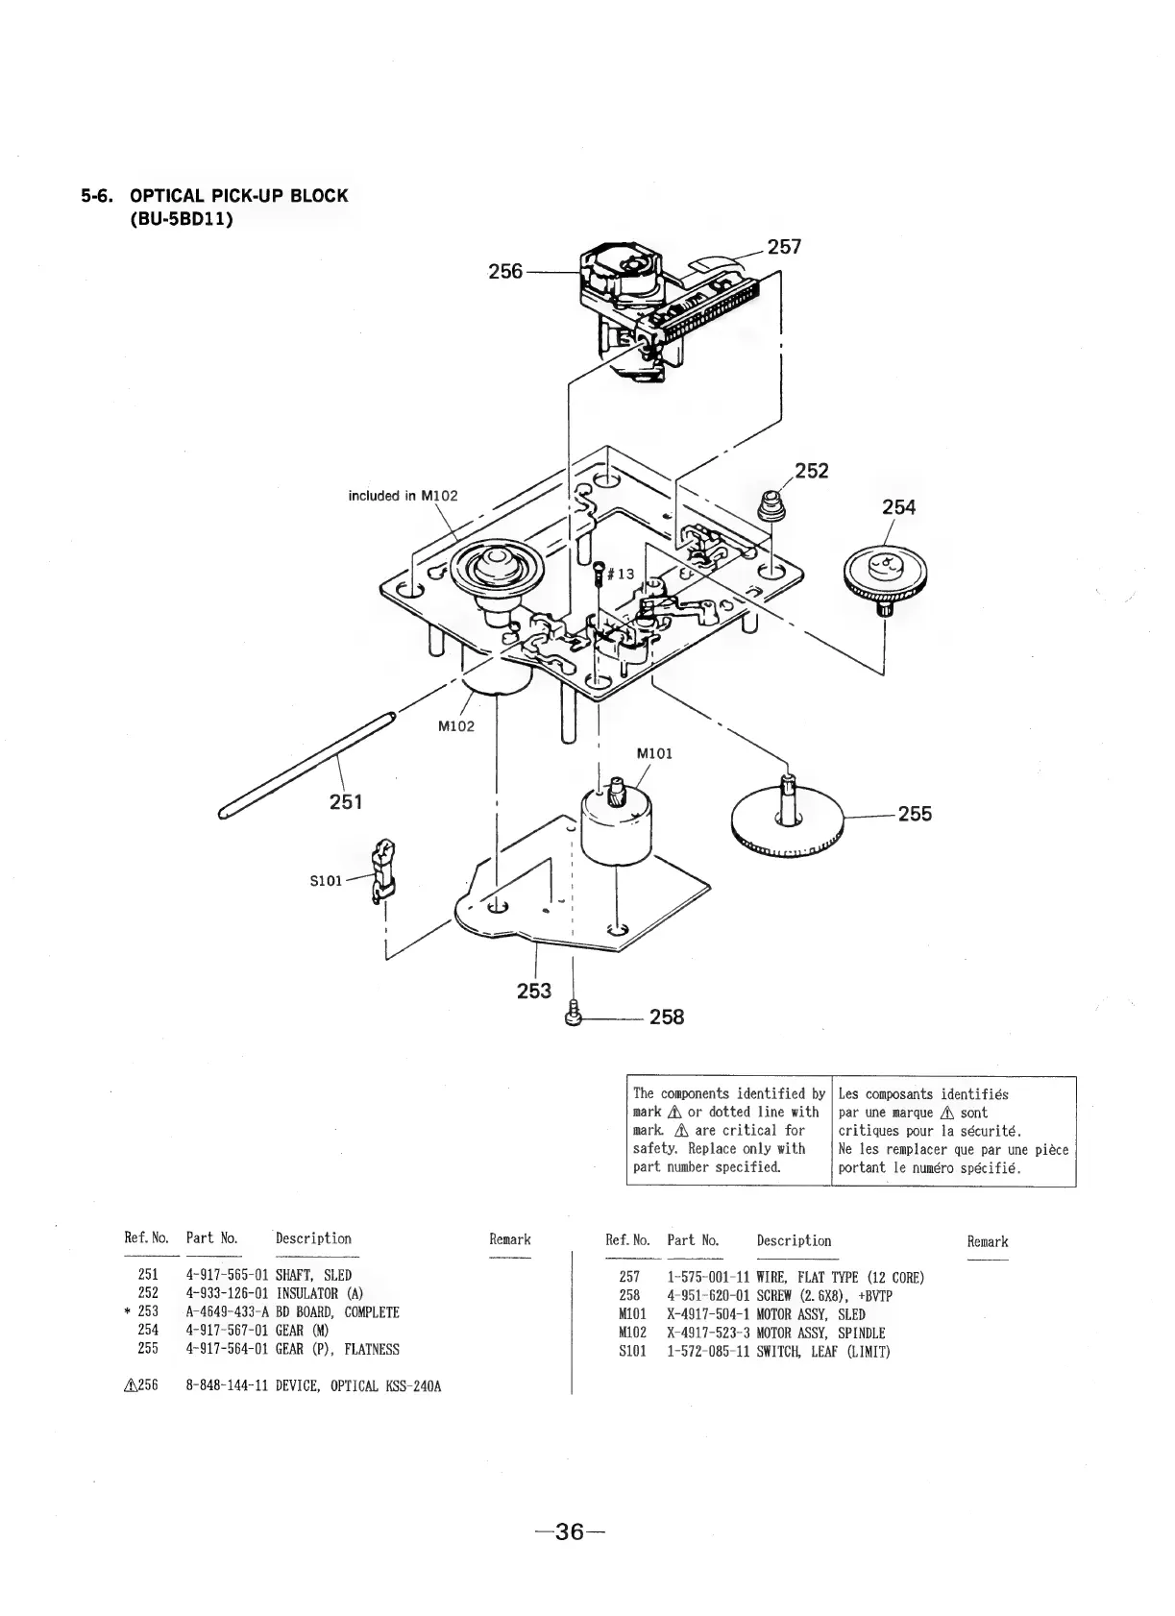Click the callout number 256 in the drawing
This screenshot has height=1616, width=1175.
pos(505,271)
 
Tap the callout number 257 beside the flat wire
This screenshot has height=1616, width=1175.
pos(784,247)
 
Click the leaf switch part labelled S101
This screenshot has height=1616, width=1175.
pos(383,869)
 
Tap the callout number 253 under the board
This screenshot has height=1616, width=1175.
pos(534,991)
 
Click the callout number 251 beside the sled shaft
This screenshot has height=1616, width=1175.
pos(346,800)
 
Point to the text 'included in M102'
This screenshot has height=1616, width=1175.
pos(403,496)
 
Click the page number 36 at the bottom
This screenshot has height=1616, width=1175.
pos(570,1530)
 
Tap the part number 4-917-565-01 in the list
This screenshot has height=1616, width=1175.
pos(227,1275)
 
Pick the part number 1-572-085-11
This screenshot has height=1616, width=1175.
pos(707,1351)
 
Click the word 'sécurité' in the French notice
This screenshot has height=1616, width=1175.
pos(991,1131)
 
